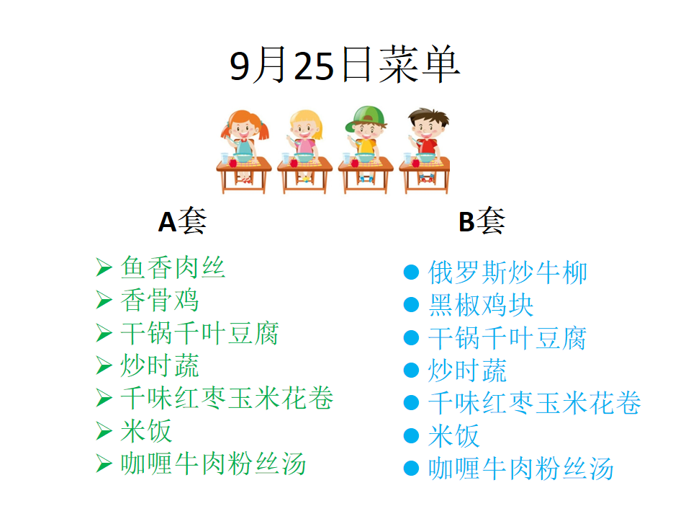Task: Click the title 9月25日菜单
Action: tap(345, 66)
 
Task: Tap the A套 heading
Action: tap(182, 221)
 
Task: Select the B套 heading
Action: tap(482, 221)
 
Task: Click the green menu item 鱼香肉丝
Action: tap(173, 267)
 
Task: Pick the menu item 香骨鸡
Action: tap(160, 300)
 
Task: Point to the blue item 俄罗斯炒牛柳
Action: tap(507, 272)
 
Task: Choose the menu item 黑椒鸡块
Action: tap(481, 305)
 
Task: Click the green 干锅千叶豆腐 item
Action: tap(199, 333)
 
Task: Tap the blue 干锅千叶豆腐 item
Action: tap(507, 338)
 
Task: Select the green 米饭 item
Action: tap(146, 431)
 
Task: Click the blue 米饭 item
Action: tap(454, 436)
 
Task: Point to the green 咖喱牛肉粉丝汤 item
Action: tap(213, 463)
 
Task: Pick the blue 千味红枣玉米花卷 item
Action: tap(535, 404)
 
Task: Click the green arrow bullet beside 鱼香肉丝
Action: tap(104, 268)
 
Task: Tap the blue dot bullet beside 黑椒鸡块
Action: tap(411, 305)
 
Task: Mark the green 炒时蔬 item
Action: tap(160, 366)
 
